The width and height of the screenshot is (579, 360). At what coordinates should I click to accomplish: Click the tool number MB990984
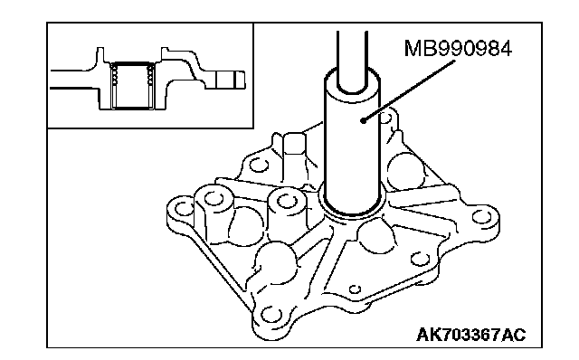458,49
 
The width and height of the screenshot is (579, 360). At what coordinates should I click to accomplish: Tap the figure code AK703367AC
470,335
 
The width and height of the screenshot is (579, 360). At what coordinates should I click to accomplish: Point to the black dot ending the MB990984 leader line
364,120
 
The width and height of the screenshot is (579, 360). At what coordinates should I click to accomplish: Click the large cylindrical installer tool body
352,147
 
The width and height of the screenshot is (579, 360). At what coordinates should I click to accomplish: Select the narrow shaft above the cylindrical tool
352,59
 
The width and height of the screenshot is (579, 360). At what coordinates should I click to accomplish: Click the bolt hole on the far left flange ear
184,209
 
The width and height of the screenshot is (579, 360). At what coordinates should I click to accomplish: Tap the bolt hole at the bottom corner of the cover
271,316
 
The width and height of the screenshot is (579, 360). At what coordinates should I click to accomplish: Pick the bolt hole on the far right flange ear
481,217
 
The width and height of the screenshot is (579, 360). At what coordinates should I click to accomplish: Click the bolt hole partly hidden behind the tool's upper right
386,118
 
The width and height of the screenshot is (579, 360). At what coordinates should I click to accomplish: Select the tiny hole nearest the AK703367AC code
355,289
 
